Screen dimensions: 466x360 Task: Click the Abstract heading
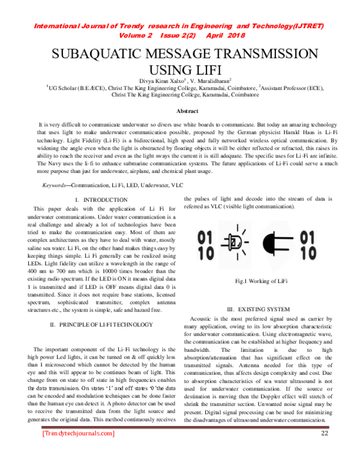(x=187, y=112)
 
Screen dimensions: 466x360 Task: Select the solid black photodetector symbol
(x=283, y=246)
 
